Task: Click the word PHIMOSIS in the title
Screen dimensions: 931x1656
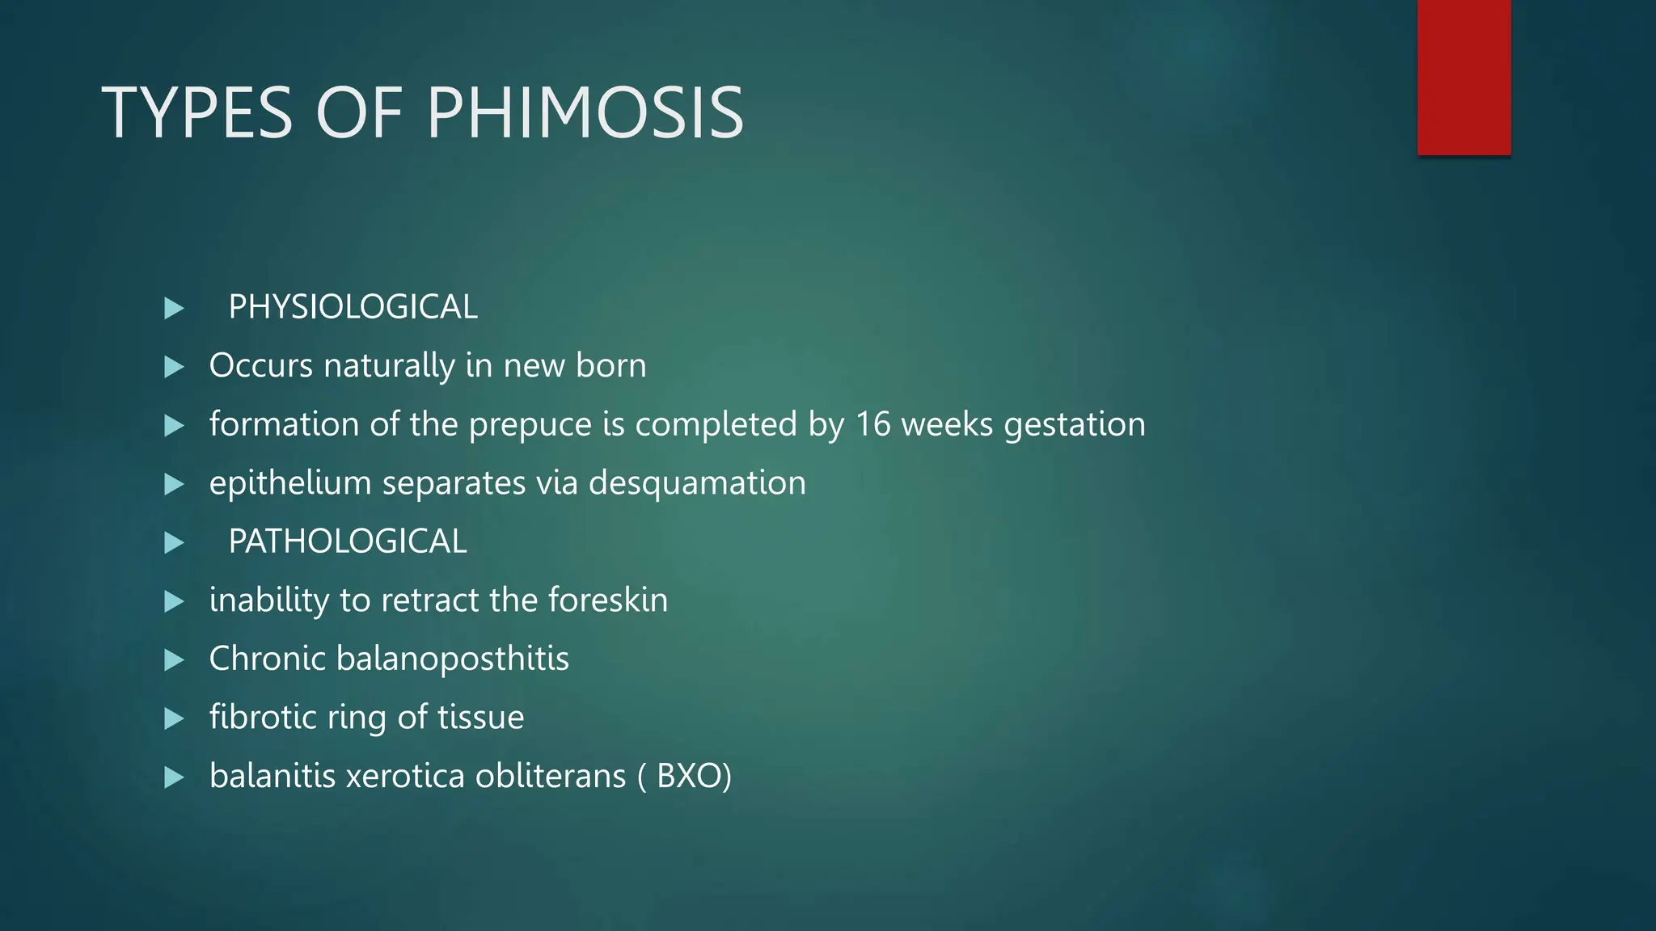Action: tap(585, 113)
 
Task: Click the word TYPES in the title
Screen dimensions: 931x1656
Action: tap(196, 113)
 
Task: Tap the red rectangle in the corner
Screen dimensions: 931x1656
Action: tap(1464, 78)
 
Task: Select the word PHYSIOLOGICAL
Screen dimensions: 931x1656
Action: tap(353, 307)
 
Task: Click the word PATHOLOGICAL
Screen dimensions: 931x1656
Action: tap(347, 541)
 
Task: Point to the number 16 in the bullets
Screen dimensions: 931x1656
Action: tap(873, 424)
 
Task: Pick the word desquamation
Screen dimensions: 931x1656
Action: tap(697, 483)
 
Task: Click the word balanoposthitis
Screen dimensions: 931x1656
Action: tap(453, 659)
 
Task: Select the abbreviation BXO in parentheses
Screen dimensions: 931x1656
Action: tap(688, 776)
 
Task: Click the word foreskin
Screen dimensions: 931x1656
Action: tap(608, 600)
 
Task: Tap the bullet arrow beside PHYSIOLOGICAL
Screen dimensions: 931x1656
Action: tap(174, 308)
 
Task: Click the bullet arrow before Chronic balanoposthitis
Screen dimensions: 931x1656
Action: tap(174, 659)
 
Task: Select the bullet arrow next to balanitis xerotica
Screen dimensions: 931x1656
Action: tap(174, 777)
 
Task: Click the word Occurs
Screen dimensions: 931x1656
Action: tap(260, 365)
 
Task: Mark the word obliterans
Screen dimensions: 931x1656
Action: tap(550, 776)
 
